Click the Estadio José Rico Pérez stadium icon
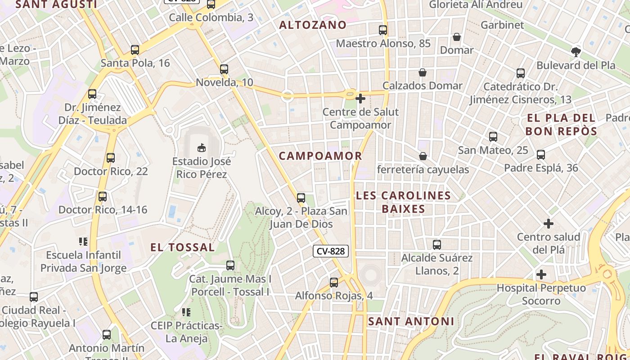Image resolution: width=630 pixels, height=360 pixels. [202, 147]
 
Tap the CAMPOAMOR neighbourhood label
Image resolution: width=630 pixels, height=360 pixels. [320, 156]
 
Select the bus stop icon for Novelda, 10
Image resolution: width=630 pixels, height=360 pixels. [224, 69]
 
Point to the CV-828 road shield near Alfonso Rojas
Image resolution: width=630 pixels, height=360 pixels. [331, 251]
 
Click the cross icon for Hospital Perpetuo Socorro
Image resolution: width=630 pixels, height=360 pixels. [541, 274]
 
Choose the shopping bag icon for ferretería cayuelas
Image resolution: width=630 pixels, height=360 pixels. [423, 156]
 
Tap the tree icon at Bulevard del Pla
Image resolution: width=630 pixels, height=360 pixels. [576, 52]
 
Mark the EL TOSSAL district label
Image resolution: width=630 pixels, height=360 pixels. [183, 247]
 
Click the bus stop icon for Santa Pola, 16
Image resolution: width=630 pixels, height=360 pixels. [135, 50]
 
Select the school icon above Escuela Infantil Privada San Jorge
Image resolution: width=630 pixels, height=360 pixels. [83, 242]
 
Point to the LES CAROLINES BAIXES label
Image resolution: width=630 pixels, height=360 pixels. [403, 202]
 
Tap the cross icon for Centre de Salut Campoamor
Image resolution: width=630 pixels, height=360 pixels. [360, 98]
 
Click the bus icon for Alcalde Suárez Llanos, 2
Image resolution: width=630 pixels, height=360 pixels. [436, 245]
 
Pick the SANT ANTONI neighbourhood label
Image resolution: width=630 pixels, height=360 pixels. [411, 321]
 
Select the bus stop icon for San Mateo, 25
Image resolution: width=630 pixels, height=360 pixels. [493, 137]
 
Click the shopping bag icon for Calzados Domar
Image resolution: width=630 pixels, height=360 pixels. [423, 72]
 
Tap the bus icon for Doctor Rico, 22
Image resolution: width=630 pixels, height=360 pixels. [111, 158]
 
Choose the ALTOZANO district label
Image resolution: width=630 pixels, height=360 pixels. [313, 25]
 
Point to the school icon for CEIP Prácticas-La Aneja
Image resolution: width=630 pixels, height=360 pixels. [186, 312]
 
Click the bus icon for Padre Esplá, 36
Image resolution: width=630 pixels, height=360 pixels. [541, 155]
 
